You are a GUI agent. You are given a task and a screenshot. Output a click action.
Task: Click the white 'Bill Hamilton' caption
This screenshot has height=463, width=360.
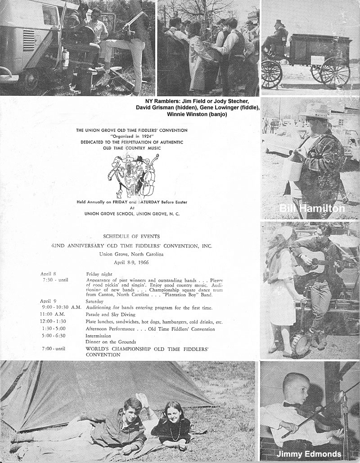(312, 208)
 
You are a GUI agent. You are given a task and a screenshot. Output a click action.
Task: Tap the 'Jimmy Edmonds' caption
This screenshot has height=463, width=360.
(309, 454)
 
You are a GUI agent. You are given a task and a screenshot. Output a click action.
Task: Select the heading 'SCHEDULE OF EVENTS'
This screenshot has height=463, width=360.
(131, 236)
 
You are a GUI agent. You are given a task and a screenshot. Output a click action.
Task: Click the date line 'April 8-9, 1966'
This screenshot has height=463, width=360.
(131, 261)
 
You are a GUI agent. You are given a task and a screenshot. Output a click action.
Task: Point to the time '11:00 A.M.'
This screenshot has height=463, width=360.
(52, 314)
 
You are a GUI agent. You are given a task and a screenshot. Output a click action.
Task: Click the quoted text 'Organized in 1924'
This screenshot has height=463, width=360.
(132, 135)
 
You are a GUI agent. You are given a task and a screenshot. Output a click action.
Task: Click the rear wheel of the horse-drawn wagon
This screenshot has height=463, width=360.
(334, 72)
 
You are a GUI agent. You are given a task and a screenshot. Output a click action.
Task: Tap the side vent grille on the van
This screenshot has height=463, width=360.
(29, 40)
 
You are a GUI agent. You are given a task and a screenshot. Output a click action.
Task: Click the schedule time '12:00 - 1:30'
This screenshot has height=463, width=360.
(54, 322)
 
